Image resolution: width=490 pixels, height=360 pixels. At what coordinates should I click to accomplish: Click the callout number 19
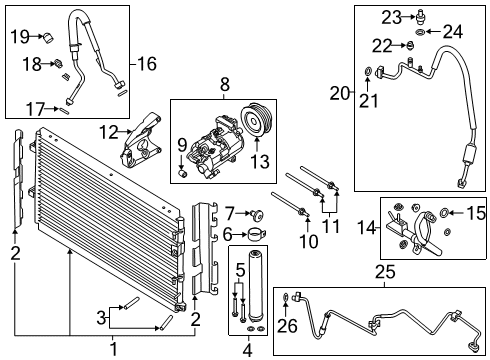pyautogui.click(x=19, y=37)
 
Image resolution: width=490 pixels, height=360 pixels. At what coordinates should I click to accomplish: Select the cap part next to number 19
pyautogui.click(x=47, y=38)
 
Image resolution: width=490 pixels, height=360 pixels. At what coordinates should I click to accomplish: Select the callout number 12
pyautogui.click(x=109, y=130)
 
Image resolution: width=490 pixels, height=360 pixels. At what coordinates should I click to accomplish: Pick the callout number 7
pyautogui.click(x=228, y=212)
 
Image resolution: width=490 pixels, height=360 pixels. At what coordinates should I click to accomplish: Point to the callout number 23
pyautogui.click(x=391, y=15)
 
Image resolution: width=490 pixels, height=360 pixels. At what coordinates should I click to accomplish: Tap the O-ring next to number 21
pyautogui.click(x=370, y=70)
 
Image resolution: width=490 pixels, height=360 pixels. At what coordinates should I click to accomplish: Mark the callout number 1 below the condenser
pyautogui.click(x=113, y=350)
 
